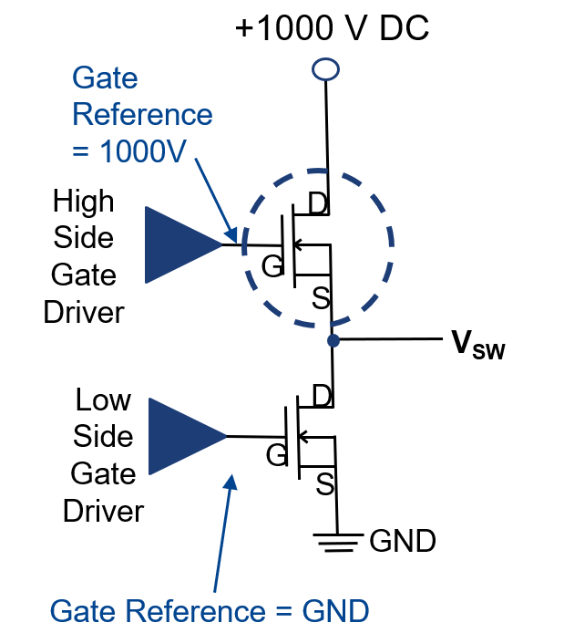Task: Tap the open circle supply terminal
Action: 325,68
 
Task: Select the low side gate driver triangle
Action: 184,436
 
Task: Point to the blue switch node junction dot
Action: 333,340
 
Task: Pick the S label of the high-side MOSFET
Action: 321,298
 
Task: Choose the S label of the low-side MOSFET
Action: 324,485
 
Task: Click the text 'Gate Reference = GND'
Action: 210,610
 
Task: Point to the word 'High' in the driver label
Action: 83,201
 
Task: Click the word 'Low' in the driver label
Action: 103,400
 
